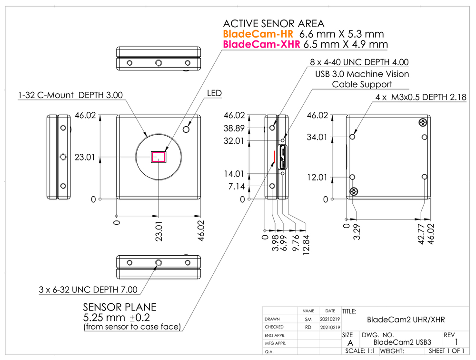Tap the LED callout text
[214, 93]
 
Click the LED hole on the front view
[188, 129]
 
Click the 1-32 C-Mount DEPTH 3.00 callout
[70, 95]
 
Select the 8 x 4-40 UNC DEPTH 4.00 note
[359, 62]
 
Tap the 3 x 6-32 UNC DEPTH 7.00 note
[89, 290]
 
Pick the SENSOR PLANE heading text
[119, 307]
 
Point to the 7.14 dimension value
[237, 186]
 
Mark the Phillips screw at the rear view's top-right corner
[422, 123]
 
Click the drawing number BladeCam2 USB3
[402, 342]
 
